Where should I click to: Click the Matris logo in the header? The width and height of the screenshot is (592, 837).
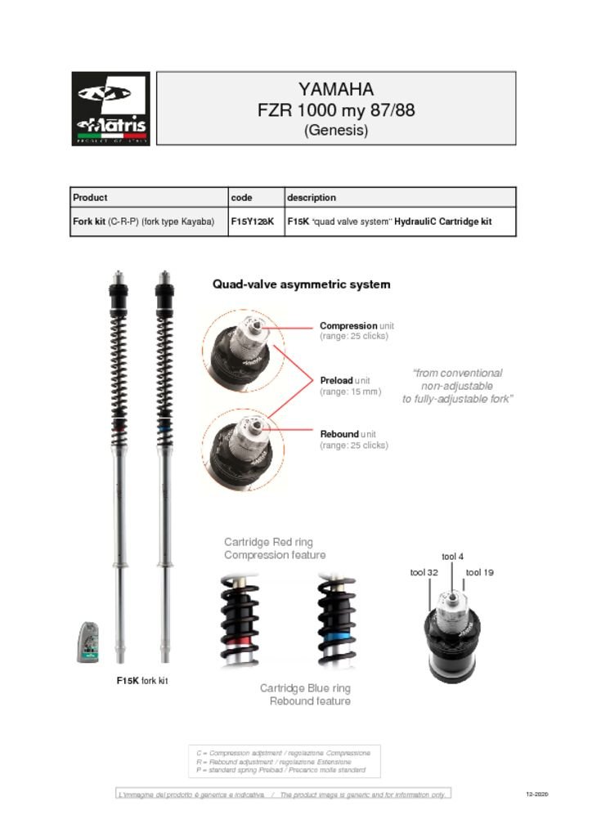pos(111,109)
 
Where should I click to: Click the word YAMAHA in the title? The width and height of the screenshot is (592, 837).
pos(335,89)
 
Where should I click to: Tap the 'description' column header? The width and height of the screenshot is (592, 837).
pos(311,197)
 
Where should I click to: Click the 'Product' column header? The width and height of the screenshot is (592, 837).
pos(90,197)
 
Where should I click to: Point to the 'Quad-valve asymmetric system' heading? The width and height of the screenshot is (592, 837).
pos(301,284)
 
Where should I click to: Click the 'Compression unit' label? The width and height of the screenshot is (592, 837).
pos(357,325)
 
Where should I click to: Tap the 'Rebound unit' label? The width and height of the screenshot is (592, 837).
pos(348,433)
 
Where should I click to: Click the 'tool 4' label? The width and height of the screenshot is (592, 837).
pos(452,557)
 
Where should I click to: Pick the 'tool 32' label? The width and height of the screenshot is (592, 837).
pos(424,573)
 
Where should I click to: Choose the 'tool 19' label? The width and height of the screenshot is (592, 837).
pos(479,573)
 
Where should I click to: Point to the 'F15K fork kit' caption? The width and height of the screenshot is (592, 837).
pos(142,681)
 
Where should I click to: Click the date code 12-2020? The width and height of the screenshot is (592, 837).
pos(536,794)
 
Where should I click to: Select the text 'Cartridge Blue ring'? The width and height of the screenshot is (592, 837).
pos(305,688)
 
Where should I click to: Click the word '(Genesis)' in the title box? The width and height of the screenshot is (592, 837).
pos(335,130)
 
